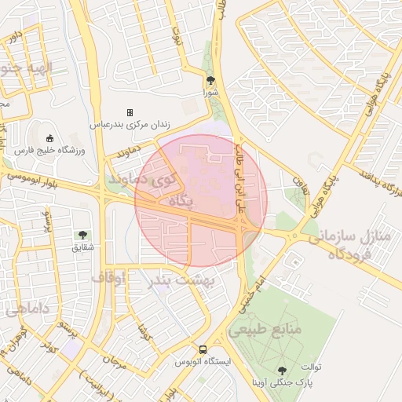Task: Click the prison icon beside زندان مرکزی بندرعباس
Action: pos(130,112)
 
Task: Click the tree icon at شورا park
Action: pos(210,80)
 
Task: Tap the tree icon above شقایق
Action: pos(82,235)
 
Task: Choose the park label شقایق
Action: pos(82,247)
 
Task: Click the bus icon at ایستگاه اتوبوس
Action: pos(203,349)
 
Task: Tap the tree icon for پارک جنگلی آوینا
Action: pos(281,369)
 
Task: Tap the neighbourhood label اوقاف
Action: pos(108,277)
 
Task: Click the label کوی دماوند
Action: pos(144,180)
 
